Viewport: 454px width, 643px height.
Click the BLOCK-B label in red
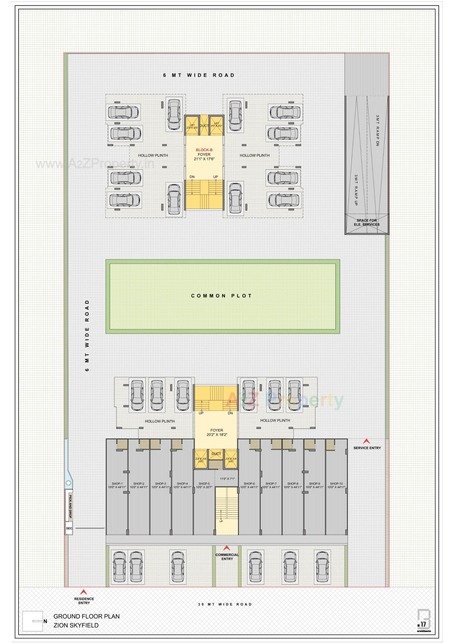coord(204,150)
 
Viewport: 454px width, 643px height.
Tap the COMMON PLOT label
coord(221,296)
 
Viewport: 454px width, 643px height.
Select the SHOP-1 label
coord(117,484)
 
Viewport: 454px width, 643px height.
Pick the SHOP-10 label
coord(336,484)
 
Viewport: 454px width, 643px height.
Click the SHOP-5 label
coord(204,484)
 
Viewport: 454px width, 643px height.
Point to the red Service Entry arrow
coord(366,441)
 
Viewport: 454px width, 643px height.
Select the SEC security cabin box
coord(69,528)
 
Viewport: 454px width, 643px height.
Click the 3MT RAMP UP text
coord(356,190)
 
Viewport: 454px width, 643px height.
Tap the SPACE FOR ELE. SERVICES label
coord(366,222)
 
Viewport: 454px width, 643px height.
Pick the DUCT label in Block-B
coord(204,126)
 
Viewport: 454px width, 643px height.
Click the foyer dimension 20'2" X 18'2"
coord(217,435)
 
